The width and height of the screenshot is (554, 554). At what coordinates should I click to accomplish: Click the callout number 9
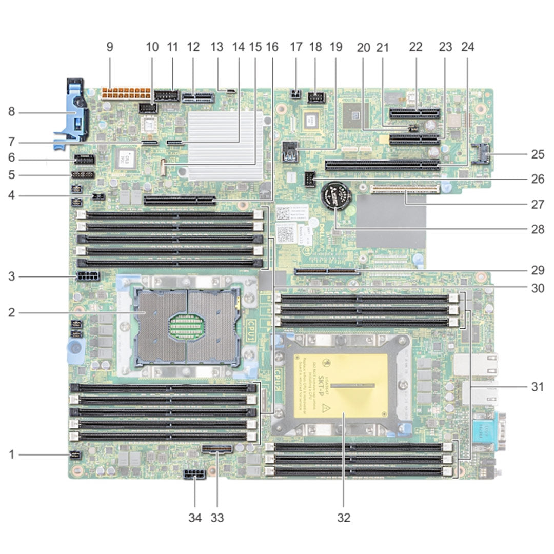pos(109,47)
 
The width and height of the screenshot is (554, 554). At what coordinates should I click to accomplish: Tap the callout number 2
pos(11,311)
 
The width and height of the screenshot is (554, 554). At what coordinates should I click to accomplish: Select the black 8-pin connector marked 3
pos(87,278)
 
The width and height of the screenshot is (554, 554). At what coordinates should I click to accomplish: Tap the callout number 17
pos(296,47)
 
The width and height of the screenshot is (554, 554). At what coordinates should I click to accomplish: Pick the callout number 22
pos(415,47)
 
